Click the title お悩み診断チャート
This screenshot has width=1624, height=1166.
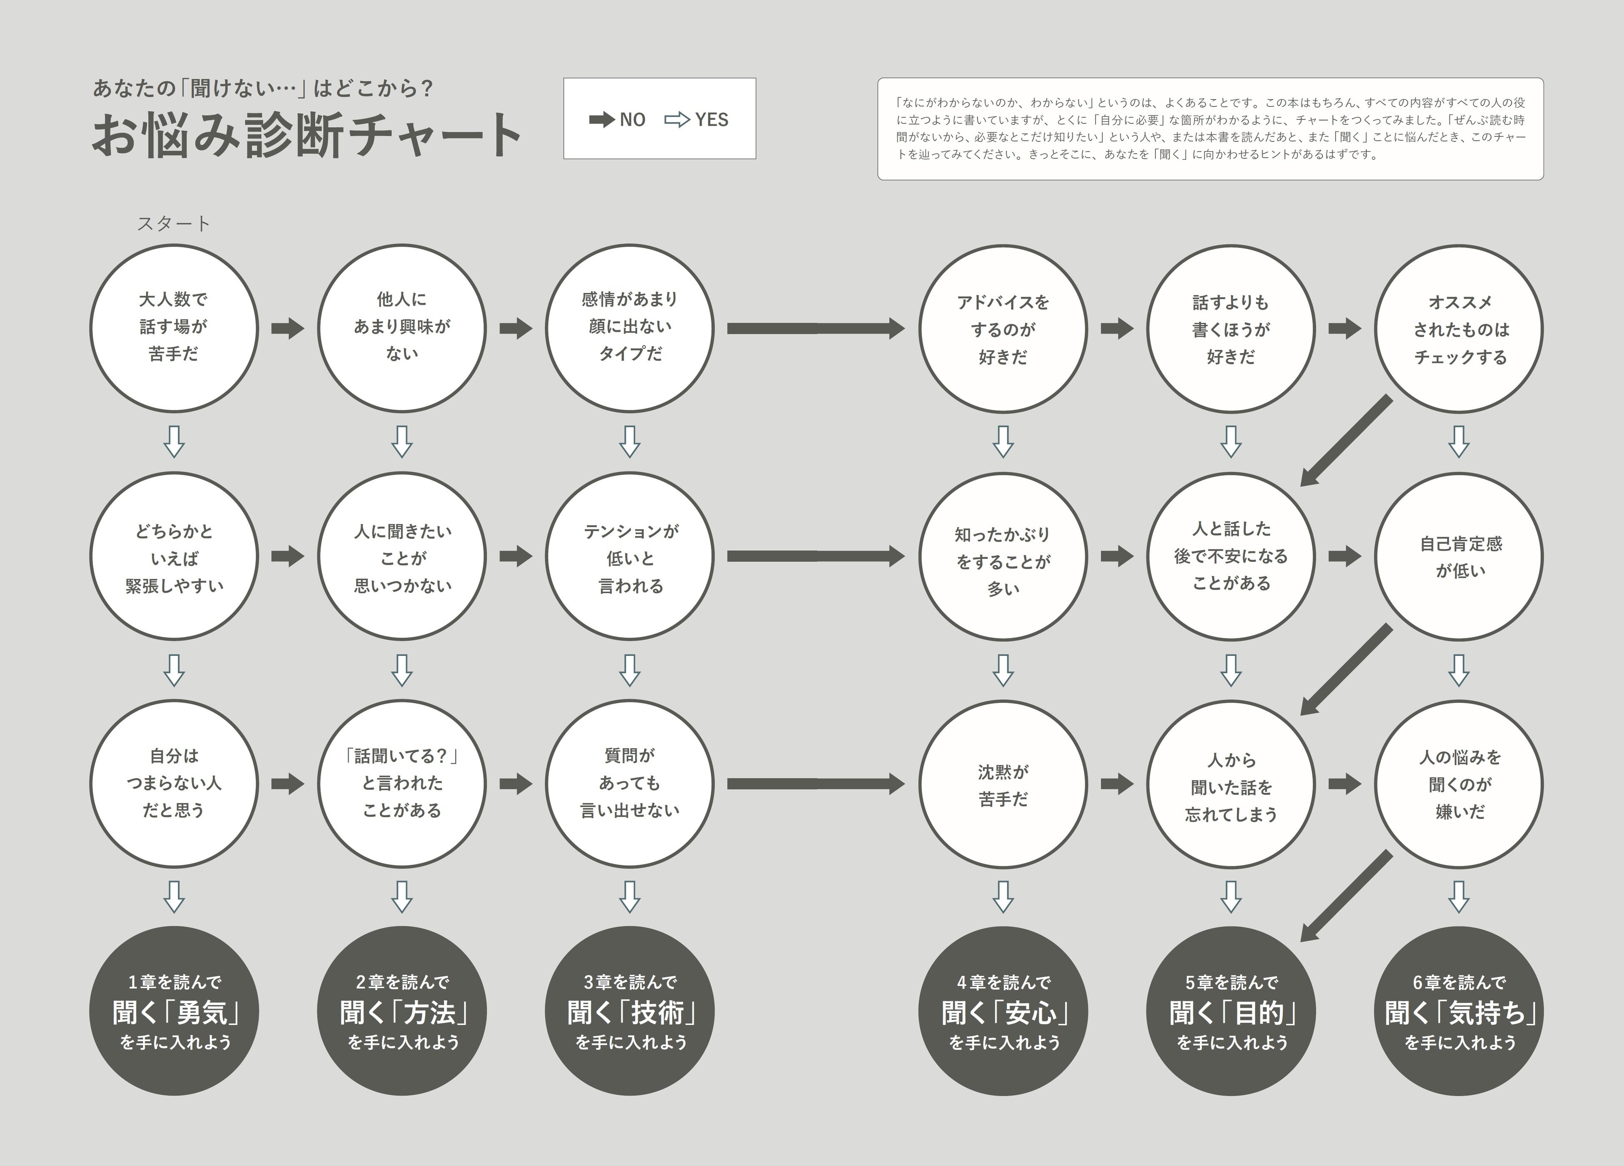306,134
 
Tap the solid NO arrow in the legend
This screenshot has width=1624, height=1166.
601,119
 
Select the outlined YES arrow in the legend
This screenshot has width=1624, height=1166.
677,119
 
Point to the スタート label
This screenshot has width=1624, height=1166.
174,223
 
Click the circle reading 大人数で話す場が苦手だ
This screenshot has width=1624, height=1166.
174,329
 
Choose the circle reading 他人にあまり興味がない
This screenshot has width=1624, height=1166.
402,329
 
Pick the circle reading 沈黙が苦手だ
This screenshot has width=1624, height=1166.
1003,784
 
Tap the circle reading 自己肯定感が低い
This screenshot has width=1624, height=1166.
1459,557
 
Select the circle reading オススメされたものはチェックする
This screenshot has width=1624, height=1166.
1459,329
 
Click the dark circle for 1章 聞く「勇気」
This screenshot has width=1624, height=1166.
174,1011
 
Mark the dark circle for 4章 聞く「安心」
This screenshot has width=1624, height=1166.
1003,1011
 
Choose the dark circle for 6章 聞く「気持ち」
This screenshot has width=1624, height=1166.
1459,1011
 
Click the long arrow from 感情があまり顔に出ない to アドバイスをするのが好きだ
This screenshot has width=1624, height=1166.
816,329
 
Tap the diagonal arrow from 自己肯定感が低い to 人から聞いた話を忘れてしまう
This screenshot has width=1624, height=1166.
1346,669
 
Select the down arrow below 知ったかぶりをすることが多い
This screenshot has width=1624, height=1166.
1003,670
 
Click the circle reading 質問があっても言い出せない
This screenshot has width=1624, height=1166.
630,784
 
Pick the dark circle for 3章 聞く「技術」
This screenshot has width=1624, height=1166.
630,1011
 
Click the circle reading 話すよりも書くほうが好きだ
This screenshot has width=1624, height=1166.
1231,329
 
